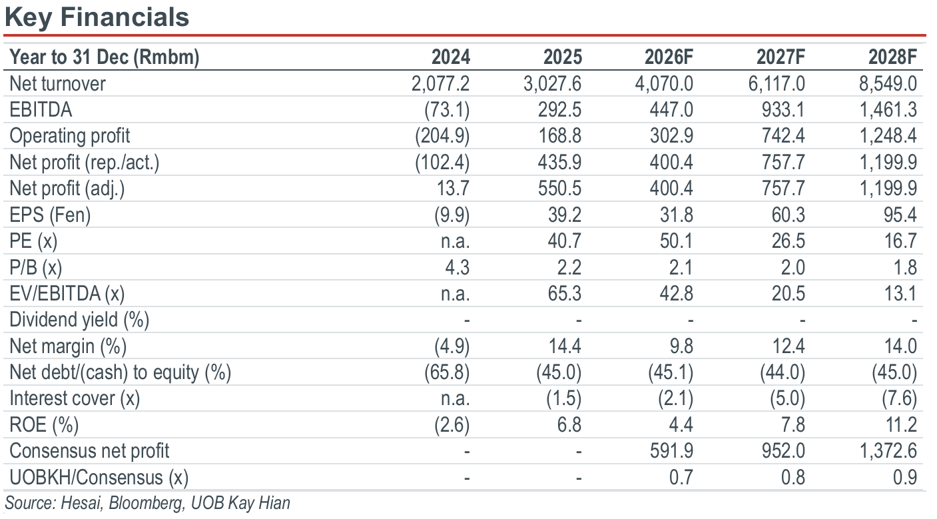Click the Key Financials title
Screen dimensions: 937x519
pos(97,17)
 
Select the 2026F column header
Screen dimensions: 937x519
pos(669,57)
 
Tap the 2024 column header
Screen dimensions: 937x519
pos(450,57)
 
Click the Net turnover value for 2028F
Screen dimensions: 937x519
pos(888,84)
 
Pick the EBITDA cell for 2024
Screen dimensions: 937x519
pos(447,110)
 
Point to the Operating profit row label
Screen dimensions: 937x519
pos(69,136)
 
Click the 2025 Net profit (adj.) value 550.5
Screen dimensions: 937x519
pos(559,189)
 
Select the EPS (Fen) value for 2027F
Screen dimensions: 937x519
pos(788,215)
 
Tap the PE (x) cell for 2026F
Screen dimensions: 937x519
pos(677,241)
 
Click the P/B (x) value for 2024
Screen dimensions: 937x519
pos(458,267)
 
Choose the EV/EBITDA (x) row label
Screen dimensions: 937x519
pos(67,293)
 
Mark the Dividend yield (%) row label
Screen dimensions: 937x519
pos(79,320)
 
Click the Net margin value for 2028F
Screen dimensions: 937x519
pos(900,346)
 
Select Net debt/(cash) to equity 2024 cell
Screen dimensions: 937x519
pos(447,372)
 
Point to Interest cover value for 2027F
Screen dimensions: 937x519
pos(787,398)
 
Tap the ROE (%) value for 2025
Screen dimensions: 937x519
pos(569,425)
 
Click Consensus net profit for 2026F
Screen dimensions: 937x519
pos(671,451)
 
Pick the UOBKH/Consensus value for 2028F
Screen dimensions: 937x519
pos(905,478)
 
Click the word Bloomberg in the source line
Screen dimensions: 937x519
pos(146,503)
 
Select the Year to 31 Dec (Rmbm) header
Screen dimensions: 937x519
pos(104,57)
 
